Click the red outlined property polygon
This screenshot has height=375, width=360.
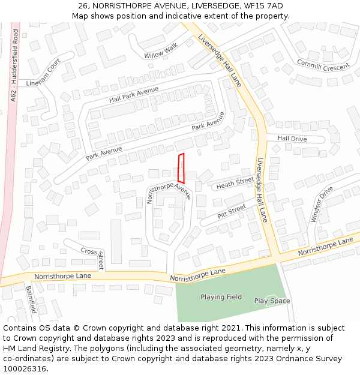(181, 168)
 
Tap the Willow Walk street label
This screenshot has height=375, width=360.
(161, 52)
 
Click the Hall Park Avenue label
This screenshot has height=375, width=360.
(134, 94)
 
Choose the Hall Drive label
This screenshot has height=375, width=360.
(292, 139)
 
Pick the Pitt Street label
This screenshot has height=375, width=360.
(232, 211)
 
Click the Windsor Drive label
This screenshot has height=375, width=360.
(322, 204)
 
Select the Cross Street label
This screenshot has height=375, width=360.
(93, 255)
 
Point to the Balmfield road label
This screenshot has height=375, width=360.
(31, 299)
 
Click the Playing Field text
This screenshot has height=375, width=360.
(221, 297)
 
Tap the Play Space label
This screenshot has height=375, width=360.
(272, 301)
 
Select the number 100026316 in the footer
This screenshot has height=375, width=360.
(25, 368)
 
